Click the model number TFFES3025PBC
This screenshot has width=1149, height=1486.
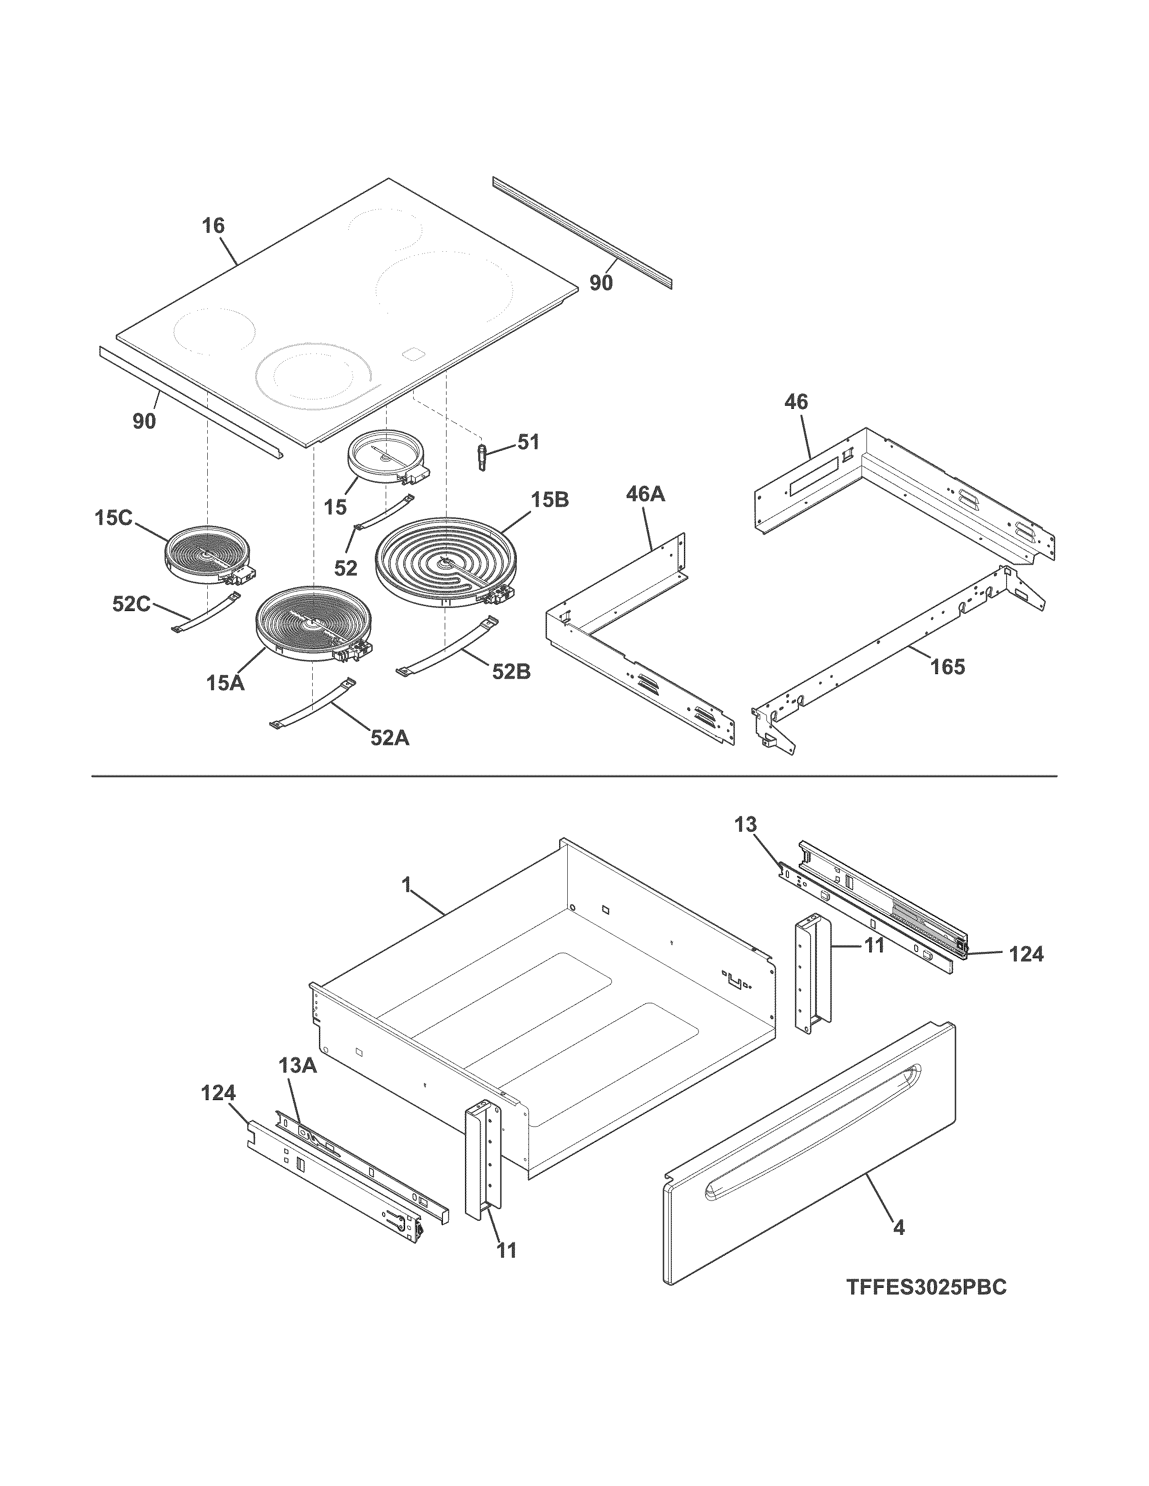pyautogui.click(x=926, y=1287)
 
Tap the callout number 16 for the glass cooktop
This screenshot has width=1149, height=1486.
pyautogui.click(x=213, y=226)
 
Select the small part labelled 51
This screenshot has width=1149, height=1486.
pyautogui.click(x=483, y=455)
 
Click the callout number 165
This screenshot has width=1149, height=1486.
pyautogui.click(x=948, y=667)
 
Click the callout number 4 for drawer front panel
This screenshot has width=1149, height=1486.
pyautogui.click(x=898, y=1228)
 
